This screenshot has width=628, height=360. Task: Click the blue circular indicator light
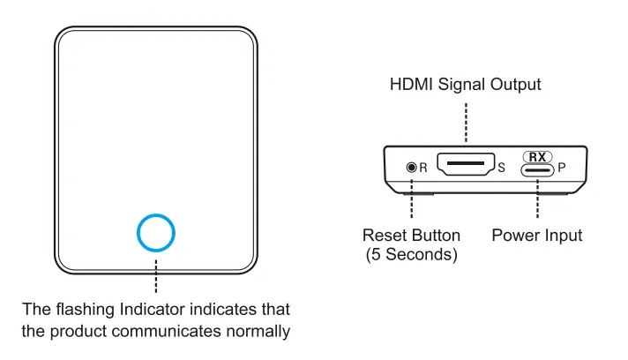(156, 233)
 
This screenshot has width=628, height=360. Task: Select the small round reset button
(410, 167)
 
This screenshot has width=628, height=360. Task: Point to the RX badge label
(538, 155)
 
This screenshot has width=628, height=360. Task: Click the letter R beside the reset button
(422, 167)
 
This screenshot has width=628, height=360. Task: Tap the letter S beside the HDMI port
(501, 167)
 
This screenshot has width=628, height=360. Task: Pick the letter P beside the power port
(562, 167)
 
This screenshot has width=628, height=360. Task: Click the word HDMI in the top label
(412, 85)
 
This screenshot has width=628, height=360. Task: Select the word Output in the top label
(516, 85)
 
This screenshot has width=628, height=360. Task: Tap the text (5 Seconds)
(412, 255)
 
